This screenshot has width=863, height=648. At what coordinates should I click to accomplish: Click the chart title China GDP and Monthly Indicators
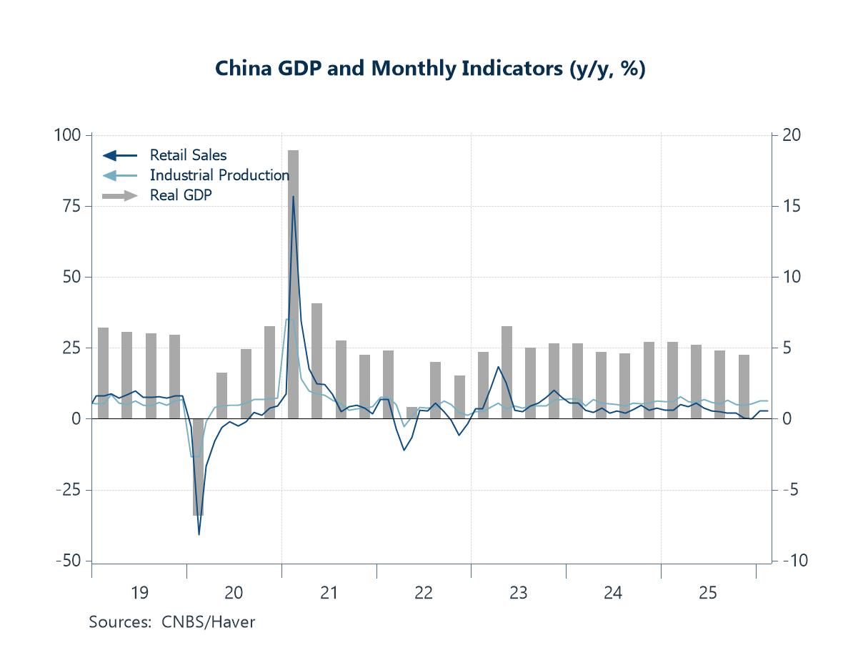(430, 69)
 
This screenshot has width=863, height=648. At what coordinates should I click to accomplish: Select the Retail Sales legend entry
(188, 155)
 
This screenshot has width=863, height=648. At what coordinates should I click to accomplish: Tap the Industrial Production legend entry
(219, 175)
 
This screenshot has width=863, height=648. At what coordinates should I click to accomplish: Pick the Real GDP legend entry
(181, 195)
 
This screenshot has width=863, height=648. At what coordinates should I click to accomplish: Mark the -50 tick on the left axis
(70, 561)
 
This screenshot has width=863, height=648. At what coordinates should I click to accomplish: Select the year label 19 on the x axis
(139, 592)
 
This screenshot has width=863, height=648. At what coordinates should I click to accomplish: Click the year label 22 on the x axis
(424, 592)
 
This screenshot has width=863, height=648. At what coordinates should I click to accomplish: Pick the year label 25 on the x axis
(708, 592)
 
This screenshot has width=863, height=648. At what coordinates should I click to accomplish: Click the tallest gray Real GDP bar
(293, 286)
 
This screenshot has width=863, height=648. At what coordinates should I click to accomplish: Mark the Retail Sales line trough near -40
(199, 534)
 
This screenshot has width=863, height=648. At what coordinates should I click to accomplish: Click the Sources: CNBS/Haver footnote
(171, 622)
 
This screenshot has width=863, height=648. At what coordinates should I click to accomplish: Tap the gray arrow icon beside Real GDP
(120, 195)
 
